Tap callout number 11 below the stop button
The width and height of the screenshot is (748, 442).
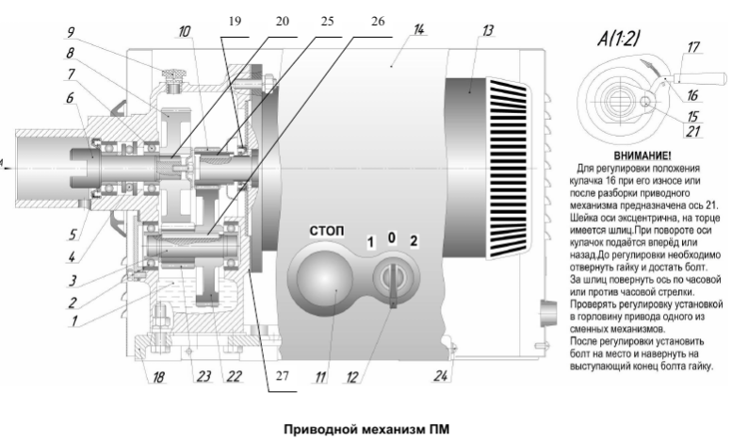point(320,378)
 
